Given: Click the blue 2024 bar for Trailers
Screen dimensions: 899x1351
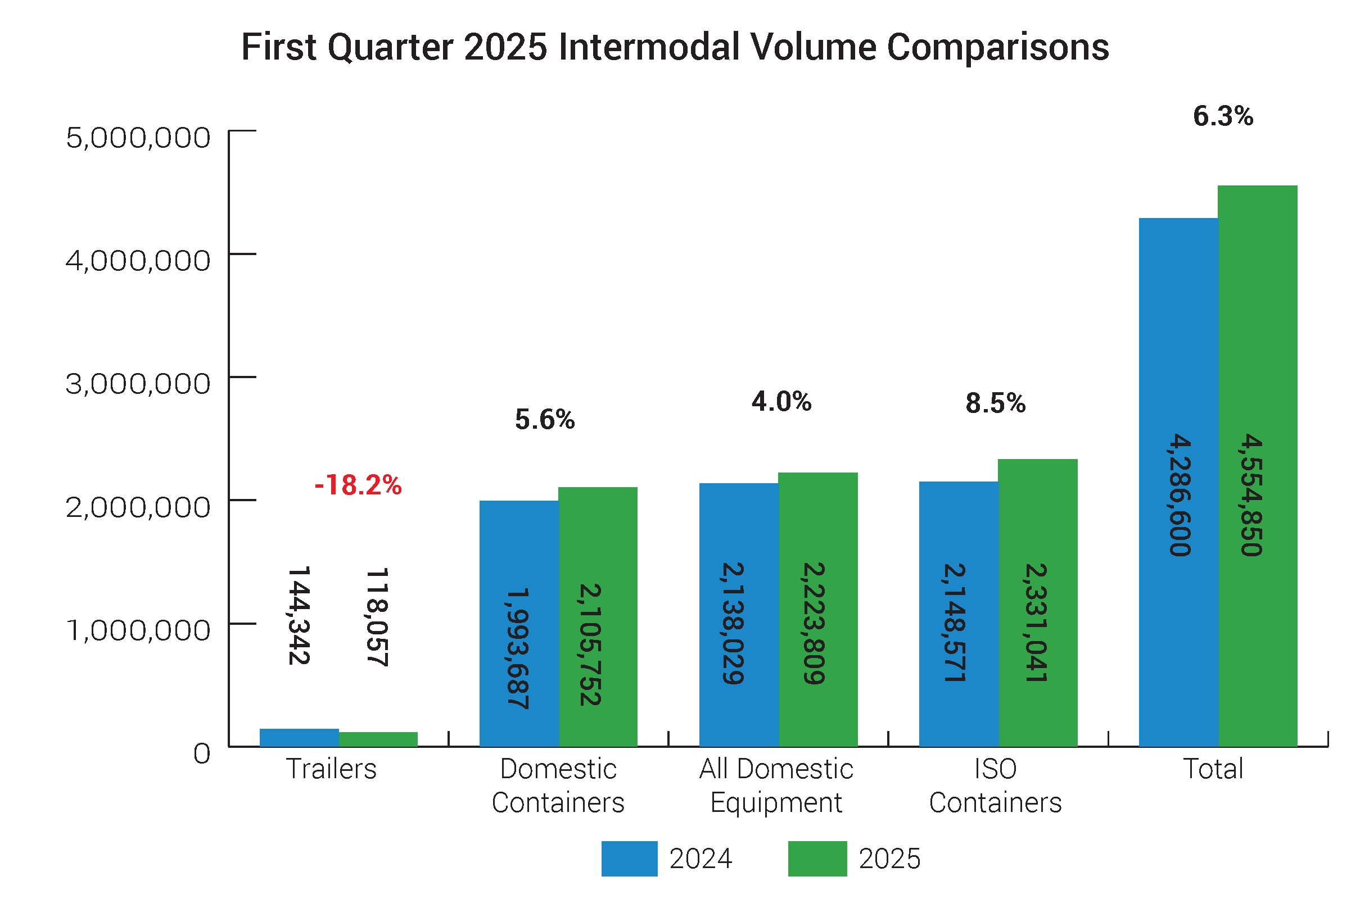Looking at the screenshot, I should tap(299, 737).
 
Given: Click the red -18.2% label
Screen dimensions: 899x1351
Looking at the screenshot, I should tap(358, 485).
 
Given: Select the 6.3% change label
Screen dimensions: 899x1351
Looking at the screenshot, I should tap(1222, 116).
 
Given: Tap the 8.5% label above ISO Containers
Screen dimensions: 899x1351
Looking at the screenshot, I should tap(995, 403).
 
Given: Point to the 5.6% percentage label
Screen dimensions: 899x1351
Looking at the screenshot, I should tap(544, 419).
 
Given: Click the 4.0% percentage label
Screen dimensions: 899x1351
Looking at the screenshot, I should tap(781, 401).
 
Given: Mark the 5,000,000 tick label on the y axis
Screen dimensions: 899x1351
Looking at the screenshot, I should tap(138, 138).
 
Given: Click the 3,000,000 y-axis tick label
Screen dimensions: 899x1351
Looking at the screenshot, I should tap(138, 384).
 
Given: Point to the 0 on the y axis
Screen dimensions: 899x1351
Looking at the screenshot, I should tap(202, 753).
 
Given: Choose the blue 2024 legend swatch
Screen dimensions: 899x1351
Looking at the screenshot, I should tap(629, 859).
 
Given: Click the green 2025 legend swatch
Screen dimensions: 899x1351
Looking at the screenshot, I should tap(817, 859).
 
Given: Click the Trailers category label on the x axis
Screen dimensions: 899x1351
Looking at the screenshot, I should tap(331, 769).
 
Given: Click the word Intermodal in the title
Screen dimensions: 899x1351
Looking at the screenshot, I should tap(648, 47).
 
